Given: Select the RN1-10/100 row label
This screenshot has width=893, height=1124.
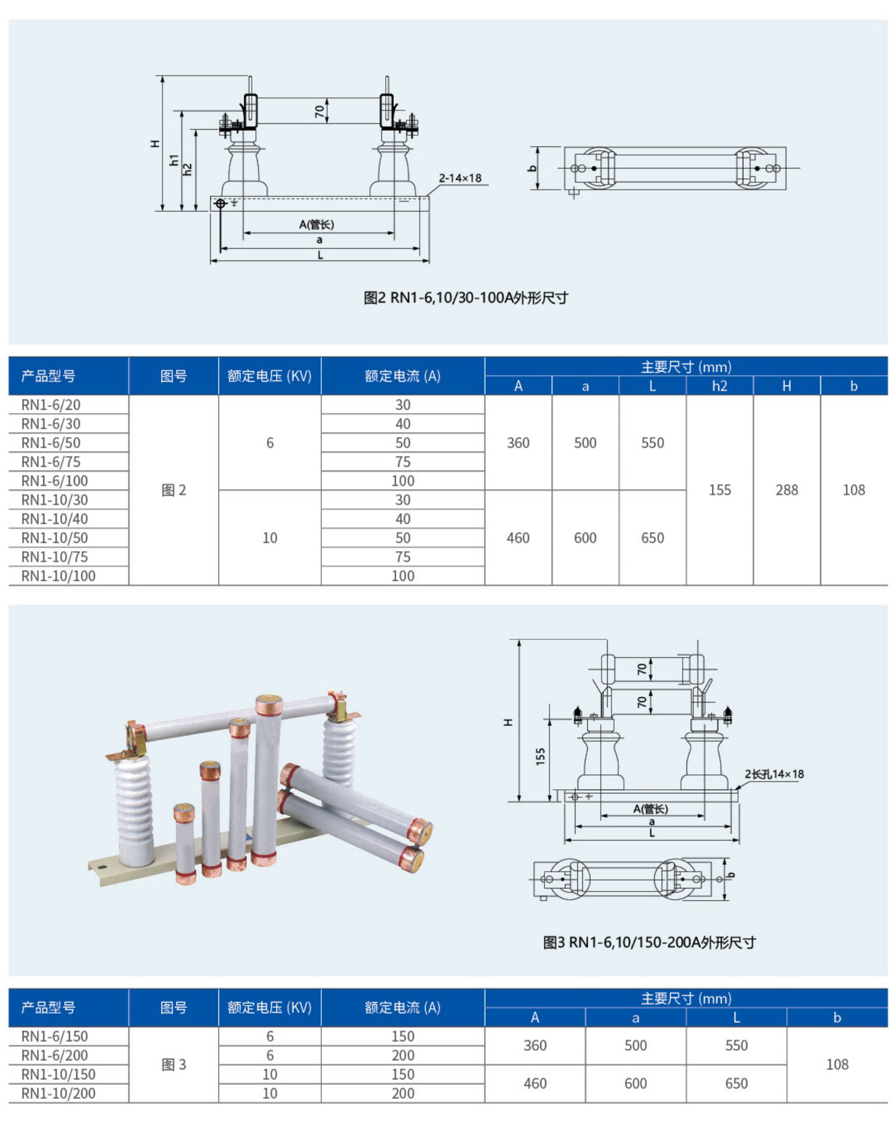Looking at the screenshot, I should [x=58, y=576].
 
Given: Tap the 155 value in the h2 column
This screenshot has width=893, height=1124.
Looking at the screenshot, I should [x=719, y=490].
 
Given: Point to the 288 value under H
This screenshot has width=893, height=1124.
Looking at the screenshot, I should [x=786, y=490].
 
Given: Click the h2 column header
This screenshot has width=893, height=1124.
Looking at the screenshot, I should [x=719, y=386].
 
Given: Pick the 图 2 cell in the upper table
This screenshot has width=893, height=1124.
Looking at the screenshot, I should [x=174, y=490].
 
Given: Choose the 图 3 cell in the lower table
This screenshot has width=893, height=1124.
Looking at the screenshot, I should [x=174, y=1064].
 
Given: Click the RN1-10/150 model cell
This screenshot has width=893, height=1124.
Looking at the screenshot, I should [x=58, y=1074].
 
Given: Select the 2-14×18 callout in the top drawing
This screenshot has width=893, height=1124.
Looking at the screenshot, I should [x=460, y=179].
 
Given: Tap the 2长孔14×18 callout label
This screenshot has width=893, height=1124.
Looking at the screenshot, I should [x=774, y=774].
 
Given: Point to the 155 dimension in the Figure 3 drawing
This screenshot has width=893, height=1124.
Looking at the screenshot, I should [x=540, y=756].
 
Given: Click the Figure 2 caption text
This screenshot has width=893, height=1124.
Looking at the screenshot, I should [x=465, y=298].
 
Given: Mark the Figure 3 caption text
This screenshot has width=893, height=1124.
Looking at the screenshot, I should [x=649, y=942].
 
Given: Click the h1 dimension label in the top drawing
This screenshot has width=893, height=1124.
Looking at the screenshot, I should [x=174, y=160].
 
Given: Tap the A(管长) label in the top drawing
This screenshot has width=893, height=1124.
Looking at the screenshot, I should [x=317, y=224].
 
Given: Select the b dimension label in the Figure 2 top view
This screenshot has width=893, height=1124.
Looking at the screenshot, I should [x=531, y=168].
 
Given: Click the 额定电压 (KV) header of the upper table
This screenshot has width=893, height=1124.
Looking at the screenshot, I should [x=269, y=376].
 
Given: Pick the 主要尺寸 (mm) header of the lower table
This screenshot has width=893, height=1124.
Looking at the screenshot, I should [x=686, y=998].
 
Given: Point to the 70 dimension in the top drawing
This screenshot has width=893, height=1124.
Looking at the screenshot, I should [x=319, y=111].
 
